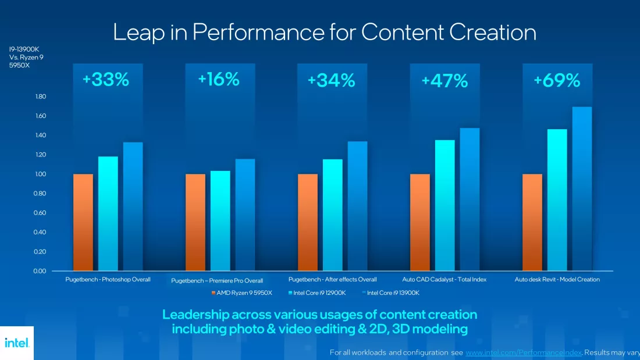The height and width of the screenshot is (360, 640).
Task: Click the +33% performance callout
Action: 106,80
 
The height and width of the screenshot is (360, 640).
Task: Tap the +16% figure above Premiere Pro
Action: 218,79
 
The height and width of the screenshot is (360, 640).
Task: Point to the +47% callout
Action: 445,81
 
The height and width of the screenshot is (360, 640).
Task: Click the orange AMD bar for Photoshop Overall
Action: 83,222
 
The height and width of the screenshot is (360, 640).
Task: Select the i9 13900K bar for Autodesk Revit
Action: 582,189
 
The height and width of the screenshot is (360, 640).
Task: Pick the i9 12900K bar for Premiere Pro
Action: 220,220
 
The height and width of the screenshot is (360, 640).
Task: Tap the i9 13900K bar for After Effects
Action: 357,206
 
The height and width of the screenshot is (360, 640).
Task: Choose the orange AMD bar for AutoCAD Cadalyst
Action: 420,222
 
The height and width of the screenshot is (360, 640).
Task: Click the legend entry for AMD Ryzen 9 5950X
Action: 241,293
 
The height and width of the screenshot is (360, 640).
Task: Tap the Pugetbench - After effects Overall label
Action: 332,280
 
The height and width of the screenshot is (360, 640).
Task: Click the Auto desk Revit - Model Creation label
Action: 557,280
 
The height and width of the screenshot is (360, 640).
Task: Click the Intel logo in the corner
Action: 16,343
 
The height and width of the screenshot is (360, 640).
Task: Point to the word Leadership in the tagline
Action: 196,315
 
